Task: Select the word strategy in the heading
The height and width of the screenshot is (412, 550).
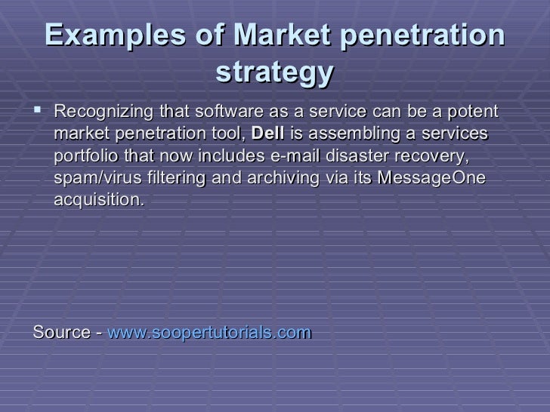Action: point(274,73)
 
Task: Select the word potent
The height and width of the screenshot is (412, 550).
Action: point(474,112)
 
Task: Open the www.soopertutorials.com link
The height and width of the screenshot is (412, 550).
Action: point(210,333)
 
